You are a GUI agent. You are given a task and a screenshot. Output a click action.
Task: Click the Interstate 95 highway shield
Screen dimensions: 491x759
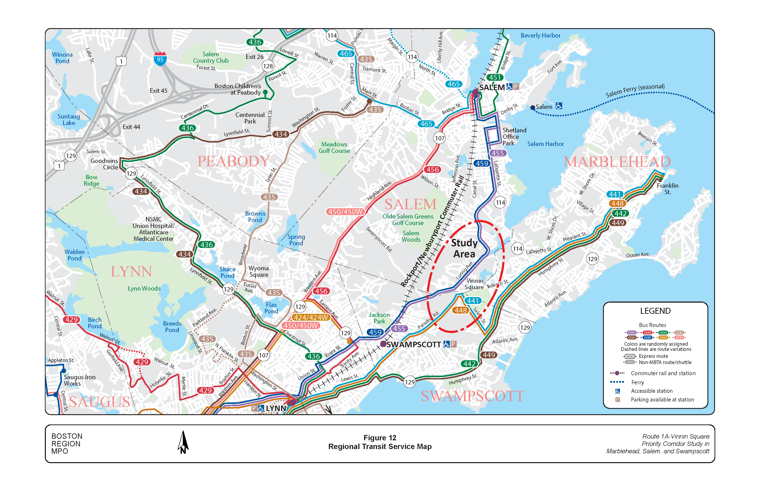[x=160, y=59]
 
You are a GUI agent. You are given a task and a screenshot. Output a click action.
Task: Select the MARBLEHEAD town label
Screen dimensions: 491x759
[x=617, y=162]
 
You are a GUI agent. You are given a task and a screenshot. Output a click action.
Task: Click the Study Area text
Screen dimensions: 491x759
[x=464, y=248]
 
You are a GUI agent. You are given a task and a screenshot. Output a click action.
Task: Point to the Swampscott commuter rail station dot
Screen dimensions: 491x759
[x=383, y=344]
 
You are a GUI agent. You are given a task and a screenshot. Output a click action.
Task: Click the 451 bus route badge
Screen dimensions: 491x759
[x=495, y=77]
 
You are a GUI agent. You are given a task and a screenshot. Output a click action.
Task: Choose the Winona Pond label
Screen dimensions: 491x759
[x=62, y=58]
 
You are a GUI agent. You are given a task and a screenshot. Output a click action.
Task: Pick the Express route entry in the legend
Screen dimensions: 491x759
[x=653, y=356]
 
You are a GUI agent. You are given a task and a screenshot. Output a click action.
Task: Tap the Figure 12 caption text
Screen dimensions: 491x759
[x=379, y=438]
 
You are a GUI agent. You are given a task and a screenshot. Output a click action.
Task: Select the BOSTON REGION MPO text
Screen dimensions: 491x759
[x=67, y=443]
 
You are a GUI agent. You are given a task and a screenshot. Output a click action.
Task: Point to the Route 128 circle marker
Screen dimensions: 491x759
[x=268, y=66]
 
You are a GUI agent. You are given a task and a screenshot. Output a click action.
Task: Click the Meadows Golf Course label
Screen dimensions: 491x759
[x=334, y=148]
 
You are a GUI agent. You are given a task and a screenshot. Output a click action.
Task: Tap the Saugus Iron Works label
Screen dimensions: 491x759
[x=79, y=380]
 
